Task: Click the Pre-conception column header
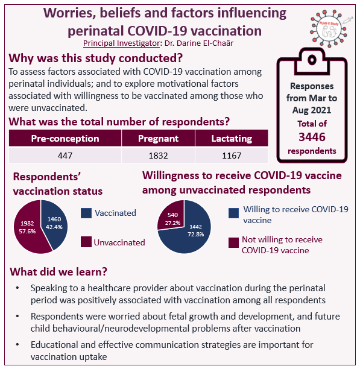tap(65, 138)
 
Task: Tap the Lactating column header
tap(232, 138)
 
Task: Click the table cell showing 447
tap(65, 156)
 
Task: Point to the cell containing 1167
tap(232, 156)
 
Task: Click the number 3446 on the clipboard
tap(312, 137)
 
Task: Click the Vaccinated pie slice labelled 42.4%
tap(53, 223)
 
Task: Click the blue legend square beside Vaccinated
tap(86, 213)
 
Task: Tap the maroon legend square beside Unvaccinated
tap(86, 242)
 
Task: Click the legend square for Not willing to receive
tap(233, 243)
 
